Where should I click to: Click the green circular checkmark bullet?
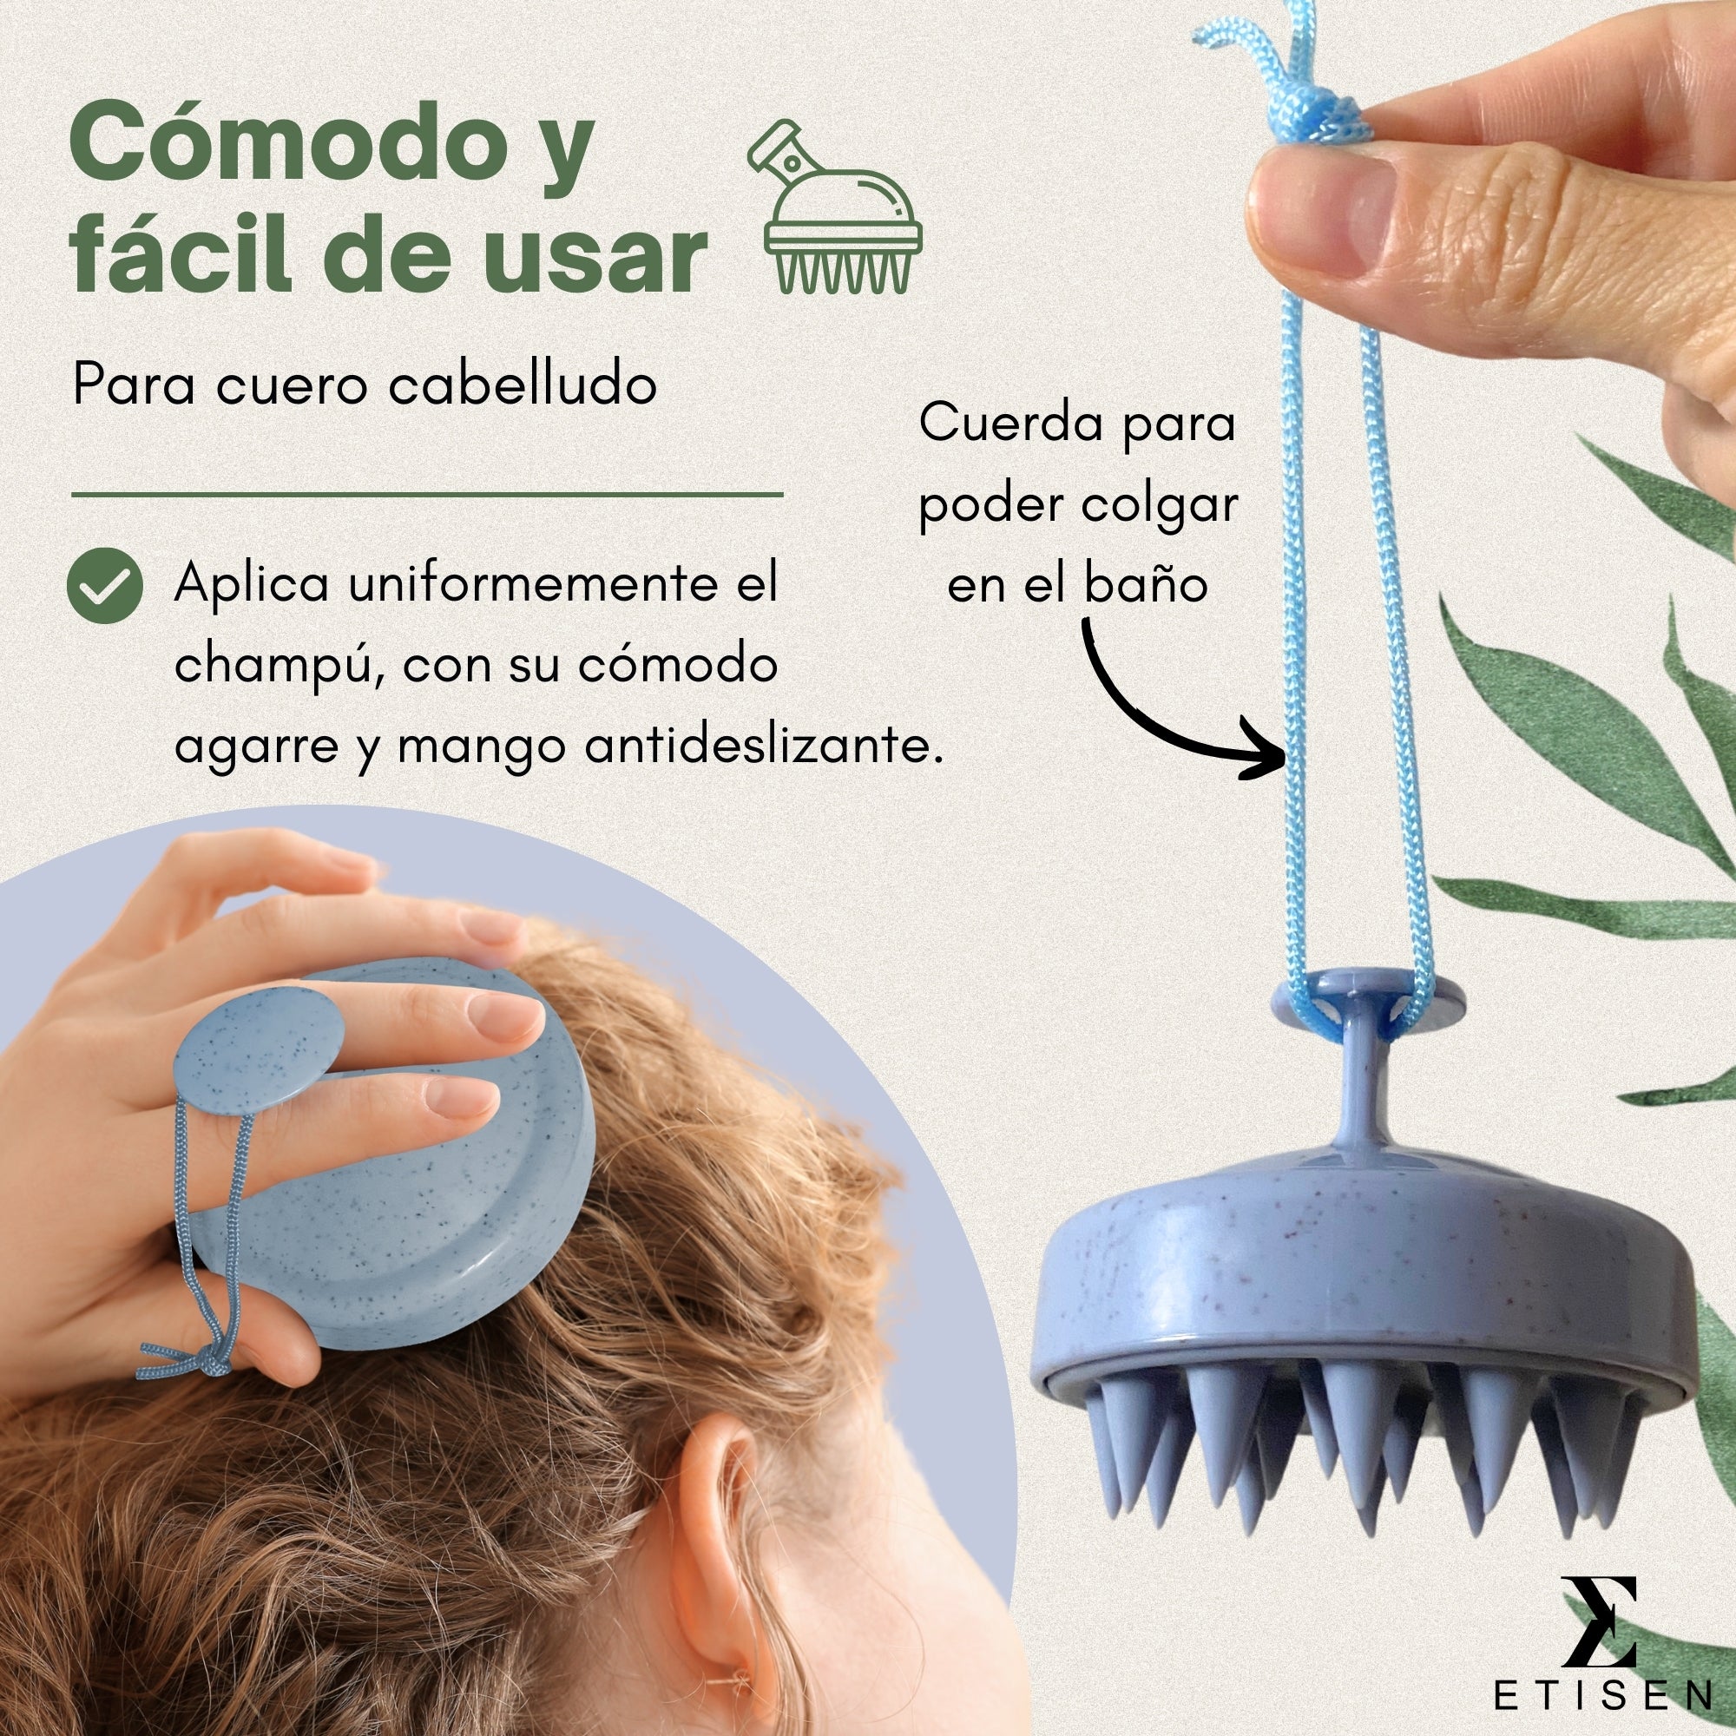[x=105, y=586]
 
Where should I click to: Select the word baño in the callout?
[x=1146, y=584]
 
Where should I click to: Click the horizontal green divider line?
[x=428, y=494]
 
